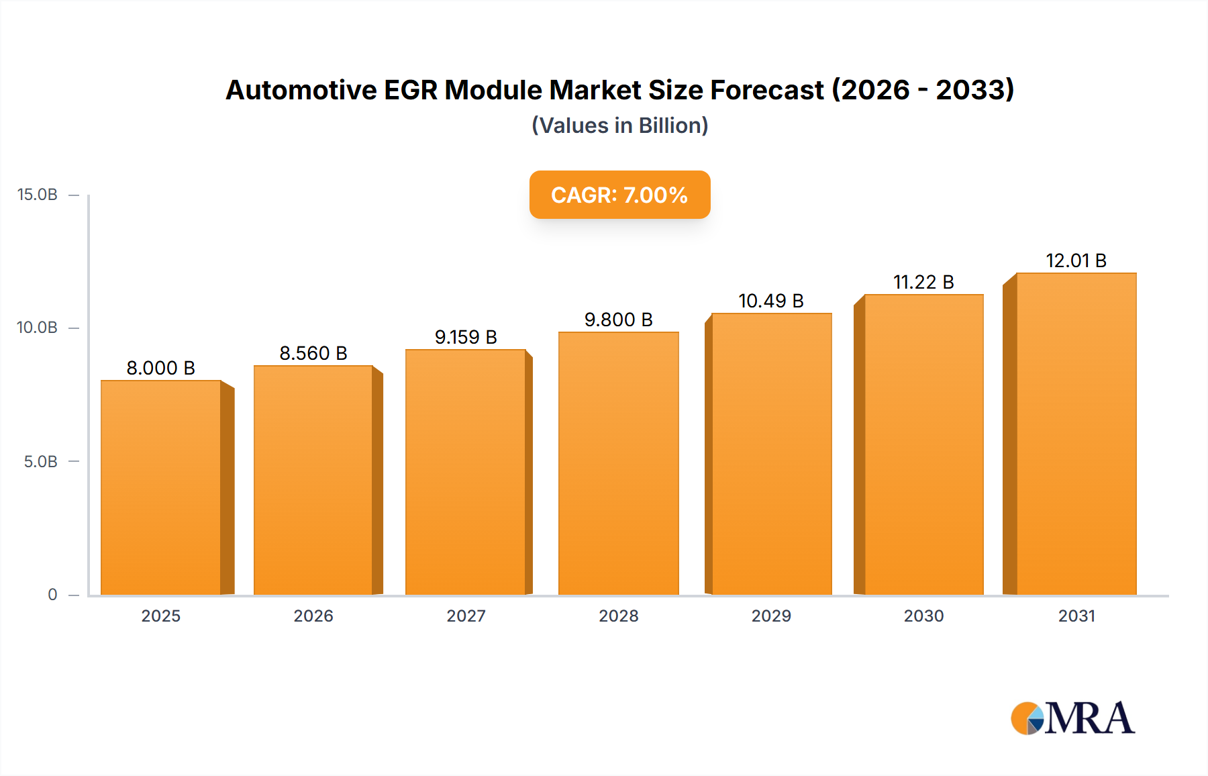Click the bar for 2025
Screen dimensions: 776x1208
161,487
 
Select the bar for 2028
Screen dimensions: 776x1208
618,463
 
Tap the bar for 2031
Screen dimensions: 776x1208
1076,434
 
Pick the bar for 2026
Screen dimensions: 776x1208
313,480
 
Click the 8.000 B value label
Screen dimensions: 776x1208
161,368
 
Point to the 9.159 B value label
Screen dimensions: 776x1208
466,337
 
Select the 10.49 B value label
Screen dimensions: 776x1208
771,301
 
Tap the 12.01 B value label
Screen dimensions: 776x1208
1076,260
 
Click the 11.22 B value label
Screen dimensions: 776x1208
923,282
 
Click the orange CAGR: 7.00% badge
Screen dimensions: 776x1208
619,195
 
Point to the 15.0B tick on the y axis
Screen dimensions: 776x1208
38,195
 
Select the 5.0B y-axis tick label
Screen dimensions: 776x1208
41,462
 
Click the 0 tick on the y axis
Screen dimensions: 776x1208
52,595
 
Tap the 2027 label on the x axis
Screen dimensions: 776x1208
466,616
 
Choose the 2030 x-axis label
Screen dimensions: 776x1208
923,616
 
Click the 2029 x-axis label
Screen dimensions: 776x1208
771,616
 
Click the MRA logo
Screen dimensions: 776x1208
1072,718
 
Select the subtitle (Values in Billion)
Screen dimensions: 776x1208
619,126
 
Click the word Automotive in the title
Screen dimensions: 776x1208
301,90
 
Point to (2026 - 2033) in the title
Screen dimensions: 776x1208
923,90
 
